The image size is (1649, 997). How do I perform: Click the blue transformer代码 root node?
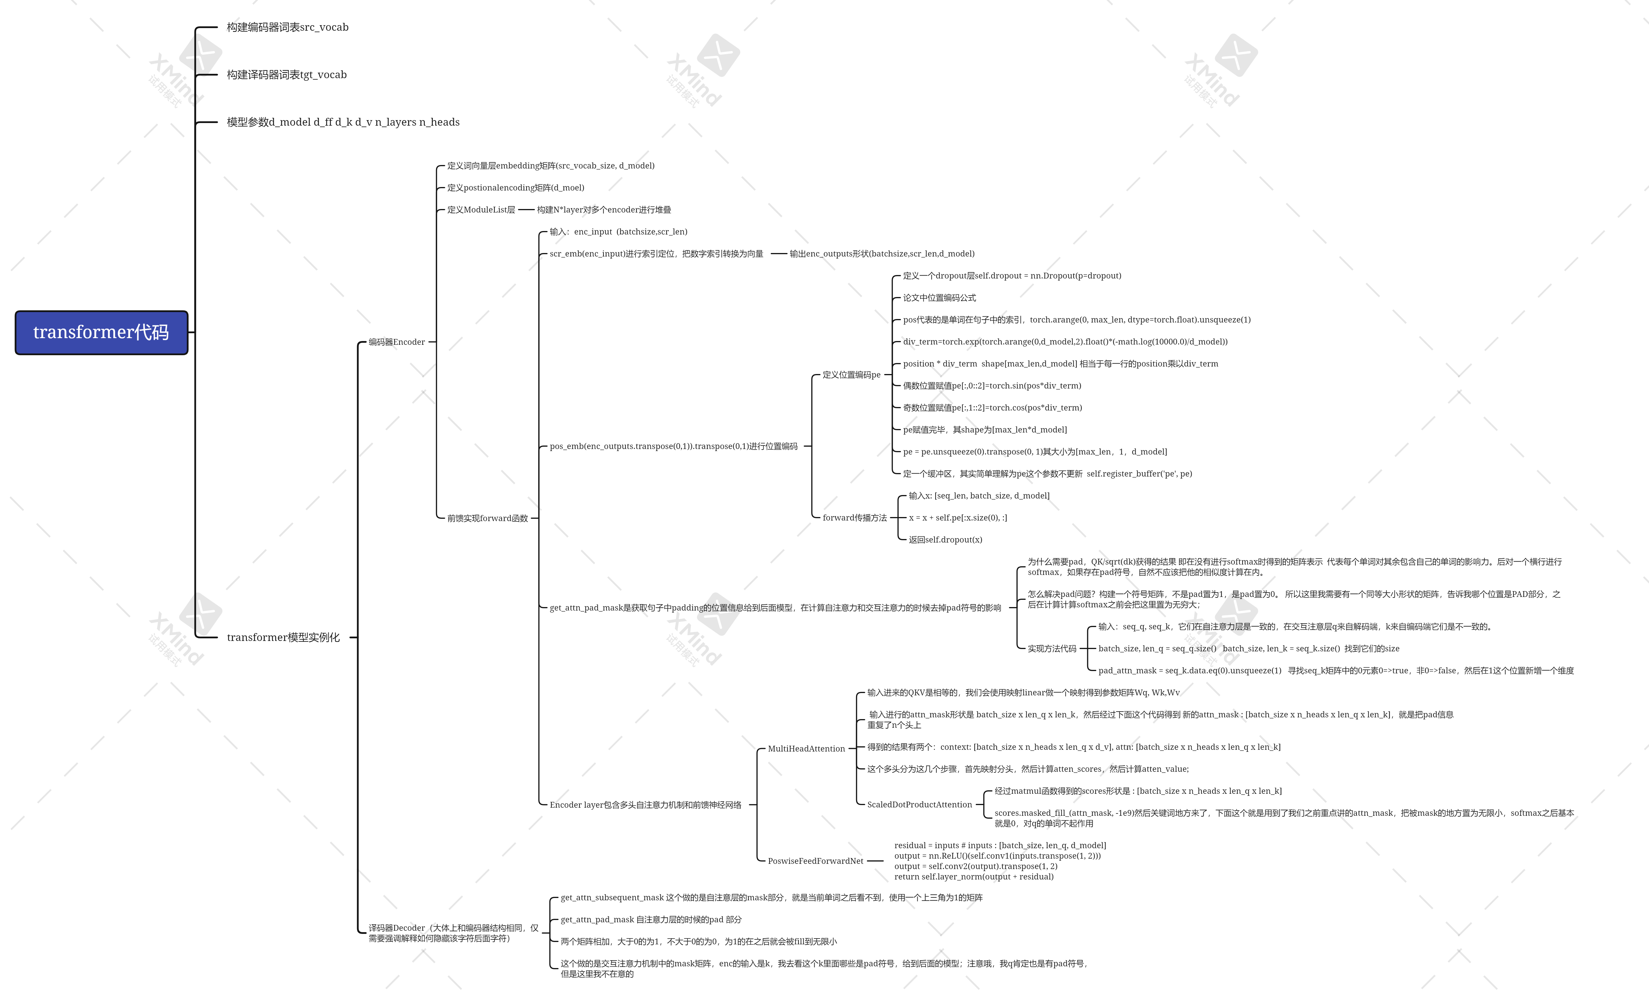(101, 332)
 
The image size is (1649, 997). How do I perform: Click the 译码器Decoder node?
(453, 933)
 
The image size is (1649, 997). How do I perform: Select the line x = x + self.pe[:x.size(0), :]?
(957, 518)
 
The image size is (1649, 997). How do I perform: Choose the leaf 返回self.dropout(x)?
(945, 540)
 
